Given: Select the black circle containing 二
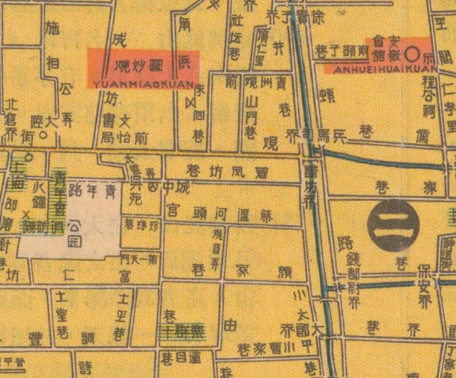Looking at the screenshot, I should coord(393,226).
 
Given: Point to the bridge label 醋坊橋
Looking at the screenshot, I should coord(311,182).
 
